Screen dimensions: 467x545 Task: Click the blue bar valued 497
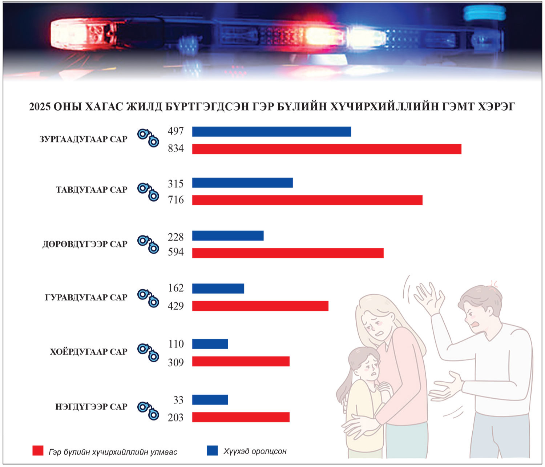coord(271,132)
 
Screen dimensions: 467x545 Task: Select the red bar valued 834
coord(327,149)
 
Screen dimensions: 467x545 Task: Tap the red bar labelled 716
coord(307,200)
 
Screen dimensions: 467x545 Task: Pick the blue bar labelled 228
coord(228,236)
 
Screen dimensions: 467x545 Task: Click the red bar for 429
coord(260,306)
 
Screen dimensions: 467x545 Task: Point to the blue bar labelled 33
coord(210,400)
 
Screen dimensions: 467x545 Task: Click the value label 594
coord(176,252)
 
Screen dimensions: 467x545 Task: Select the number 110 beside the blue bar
coord(176,344)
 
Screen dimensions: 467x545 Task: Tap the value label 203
coord(176,418)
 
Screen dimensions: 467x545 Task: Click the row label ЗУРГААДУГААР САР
coord(84,140)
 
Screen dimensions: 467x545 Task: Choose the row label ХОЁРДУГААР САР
coord(89,352)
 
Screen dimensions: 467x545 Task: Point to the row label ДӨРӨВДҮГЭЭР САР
coord(85,244)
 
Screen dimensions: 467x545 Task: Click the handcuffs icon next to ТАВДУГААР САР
coord(148,192)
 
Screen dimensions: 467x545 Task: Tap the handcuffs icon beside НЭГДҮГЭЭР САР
coord(148,409)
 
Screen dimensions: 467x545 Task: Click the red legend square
coord(38,451)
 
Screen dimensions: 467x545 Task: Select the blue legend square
coord(212,450)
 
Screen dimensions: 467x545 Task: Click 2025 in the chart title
coord(40,107)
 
